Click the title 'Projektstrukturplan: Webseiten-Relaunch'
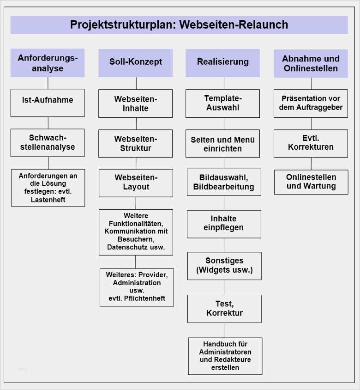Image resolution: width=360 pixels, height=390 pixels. (179, 24)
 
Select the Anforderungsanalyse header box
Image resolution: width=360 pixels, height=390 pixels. (48, 63)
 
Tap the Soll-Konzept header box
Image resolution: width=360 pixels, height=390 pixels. (135, 62)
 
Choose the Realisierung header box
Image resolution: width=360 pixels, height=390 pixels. (222, 62)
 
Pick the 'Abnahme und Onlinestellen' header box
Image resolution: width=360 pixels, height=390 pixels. (311, 63)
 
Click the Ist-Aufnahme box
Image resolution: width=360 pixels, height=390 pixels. (48, 103)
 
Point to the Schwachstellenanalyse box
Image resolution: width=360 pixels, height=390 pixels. (48, 143)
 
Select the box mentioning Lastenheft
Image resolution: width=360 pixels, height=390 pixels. (48, 188)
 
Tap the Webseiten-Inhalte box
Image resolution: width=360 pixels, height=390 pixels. (136, 104)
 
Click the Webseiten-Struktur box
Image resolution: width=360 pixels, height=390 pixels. (136, 144)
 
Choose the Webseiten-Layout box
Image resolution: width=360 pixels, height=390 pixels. (136, 183)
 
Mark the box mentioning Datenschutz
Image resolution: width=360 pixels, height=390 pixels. (136, 232)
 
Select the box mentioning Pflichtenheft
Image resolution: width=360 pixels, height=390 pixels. (137, 287)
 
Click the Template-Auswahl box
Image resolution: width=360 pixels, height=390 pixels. (223, 104)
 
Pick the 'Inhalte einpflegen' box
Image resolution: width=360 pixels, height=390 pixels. (224, 224)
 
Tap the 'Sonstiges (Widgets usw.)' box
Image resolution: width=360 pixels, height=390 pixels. (224, 266)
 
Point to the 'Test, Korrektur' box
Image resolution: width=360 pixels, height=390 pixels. (224, 309)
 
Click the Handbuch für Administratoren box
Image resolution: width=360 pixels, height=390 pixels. (225, 356)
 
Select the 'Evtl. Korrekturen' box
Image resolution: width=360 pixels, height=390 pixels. (311, 143)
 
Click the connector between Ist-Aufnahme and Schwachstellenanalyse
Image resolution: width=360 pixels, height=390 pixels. (48, 122)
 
